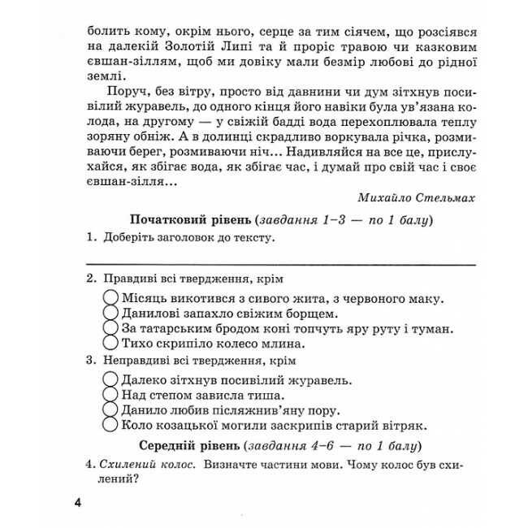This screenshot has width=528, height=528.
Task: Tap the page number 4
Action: [x=77, y=503]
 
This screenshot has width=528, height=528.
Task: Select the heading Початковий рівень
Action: [x=189, y=220]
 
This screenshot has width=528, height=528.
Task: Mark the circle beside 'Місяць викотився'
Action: [x=112, y=298]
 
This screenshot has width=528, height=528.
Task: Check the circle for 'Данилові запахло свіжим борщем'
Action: [x=112, y=313]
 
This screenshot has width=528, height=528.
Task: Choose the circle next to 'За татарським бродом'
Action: [x=112, y=328]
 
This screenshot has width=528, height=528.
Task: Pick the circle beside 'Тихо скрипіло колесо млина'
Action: [x=112, y=344]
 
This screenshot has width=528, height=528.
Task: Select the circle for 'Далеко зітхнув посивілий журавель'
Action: [x=112, y=379]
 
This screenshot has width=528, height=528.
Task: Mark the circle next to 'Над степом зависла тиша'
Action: [x=112, y=394]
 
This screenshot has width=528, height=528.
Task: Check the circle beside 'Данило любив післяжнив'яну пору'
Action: [x=112, y=409]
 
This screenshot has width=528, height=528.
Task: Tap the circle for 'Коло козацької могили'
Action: [x=112, y=425]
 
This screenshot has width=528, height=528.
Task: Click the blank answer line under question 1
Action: [x=280, y=263]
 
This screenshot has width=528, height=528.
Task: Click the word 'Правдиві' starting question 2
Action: [x=130, y=279]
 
